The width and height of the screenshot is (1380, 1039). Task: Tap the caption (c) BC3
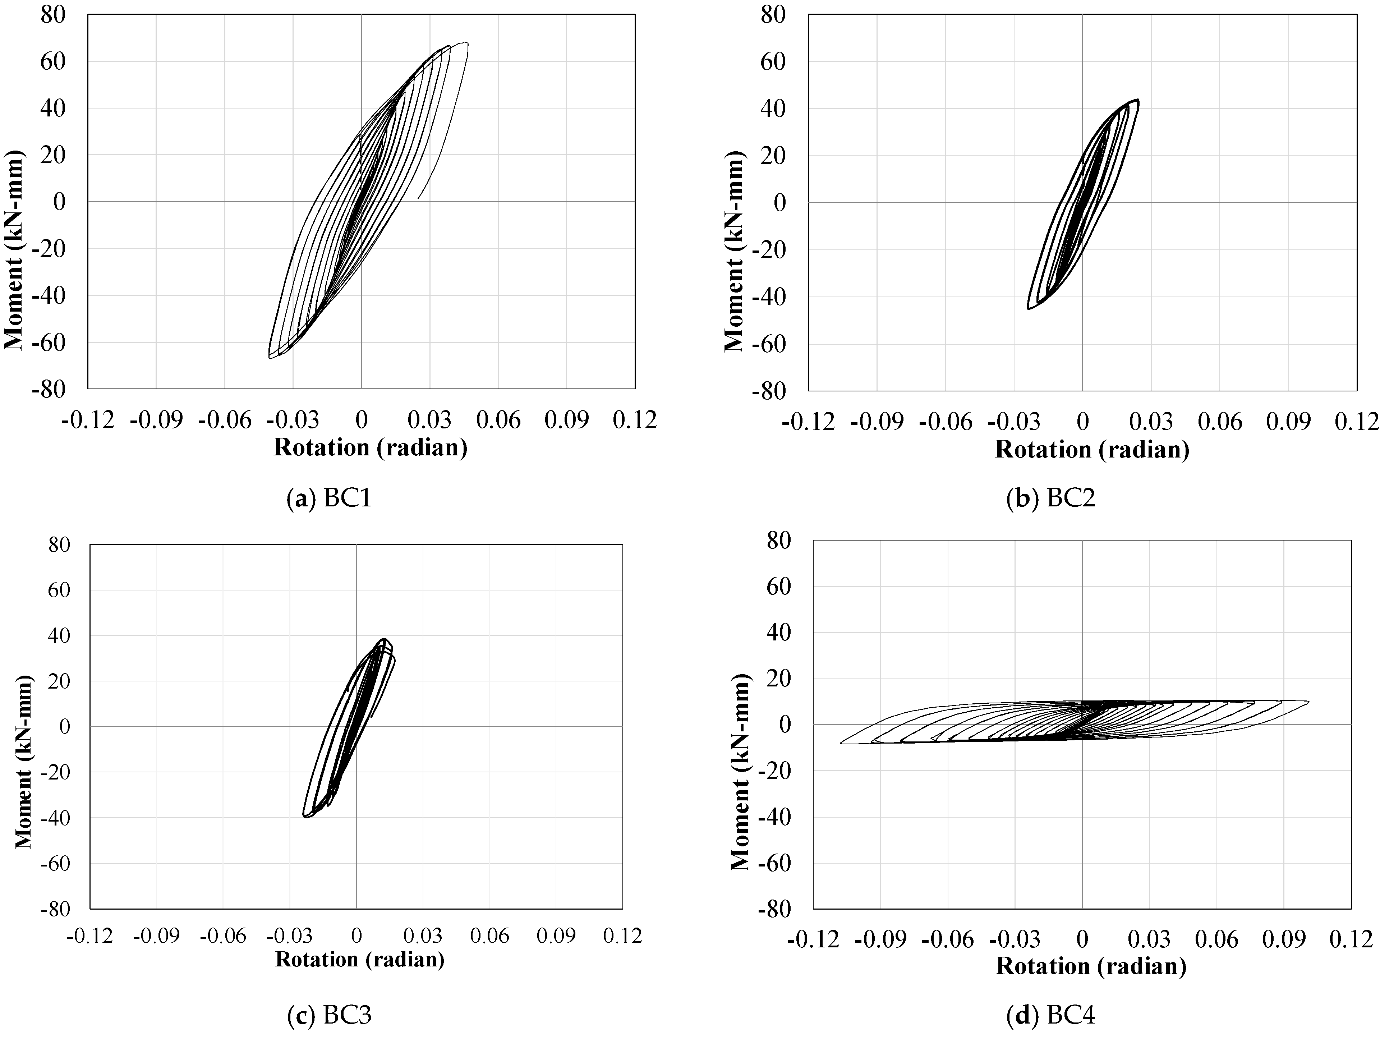point(329,1015)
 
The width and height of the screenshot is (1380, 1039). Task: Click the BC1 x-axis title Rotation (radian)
point(371,447)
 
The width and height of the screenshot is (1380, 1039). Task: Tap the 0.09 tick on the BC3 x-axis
point(556,935)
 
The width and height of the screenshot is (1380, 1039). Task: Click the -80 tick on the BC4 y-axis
point(774,909)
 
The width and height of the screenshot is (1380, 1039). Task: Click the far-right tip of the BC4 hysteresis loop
point(1308,702)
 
